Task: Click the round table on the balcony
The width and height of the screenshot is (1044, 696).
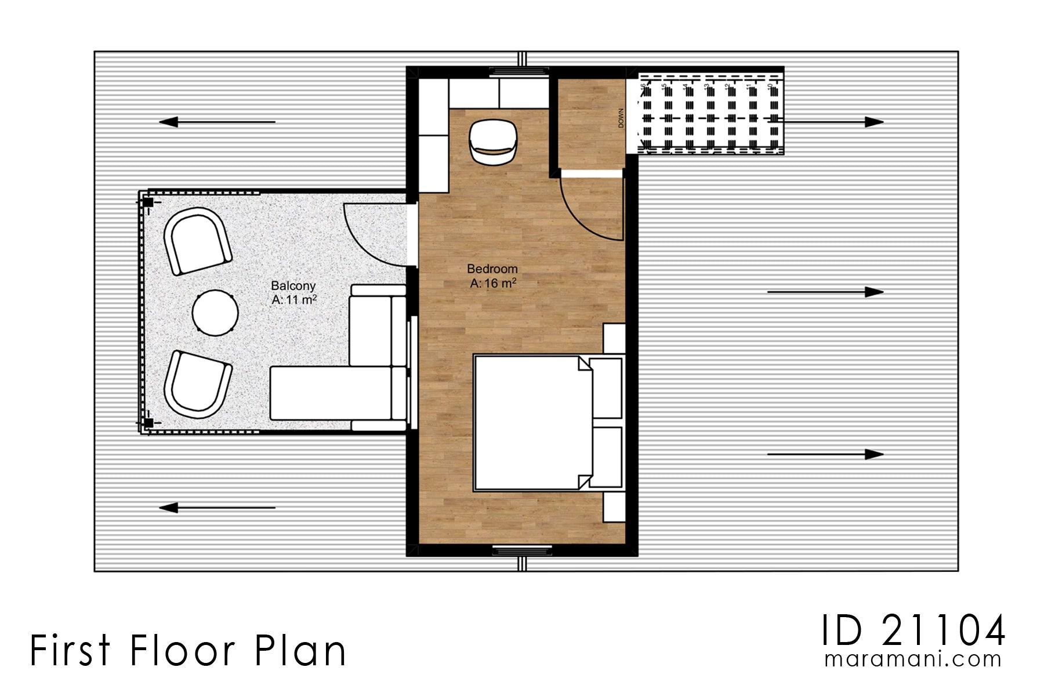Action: click(x=215, y=311)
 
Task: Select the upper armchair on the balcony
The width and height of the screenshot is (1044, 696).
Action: click(x=197, y=241)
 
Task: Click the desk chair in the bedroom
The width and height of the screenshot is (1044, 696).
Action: click(x=493, y=141)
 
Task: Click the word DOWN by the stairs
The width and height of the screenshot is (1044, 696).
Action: click(x=621, y=118)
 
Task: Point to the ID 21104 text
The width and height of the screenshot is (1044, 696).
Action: click(x=913, y=631)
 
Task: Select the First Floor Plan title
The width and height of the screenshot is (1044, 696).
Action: click(x=188, y=651)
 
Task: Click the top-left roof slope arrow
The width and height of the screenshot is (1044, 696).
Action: click(x=217, y=122)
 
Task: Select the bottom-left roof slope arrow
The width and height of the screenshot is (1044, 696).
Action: click(x=217, y=508)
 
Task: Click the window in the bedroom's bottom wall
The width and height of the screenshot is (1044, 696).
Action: click(x=521, y=549)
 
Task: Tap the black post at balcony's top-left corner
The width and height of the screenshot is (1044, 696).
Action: click(x=148, y=202)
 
